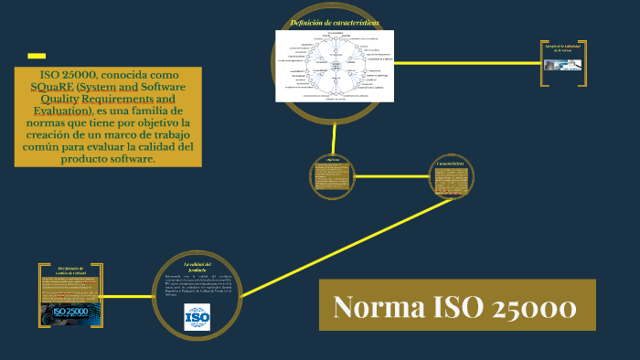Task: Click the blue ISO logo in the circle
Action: pos(197,316)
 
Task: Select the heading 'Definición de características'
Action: pos(334,22)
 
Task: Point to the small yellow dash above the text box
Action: pos(37,55)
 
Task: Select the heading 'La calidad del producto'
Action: pos(197,267)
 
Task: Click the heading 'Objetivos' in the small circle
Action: pos(332,158)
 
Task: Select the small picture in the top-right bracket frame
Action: pos(560,66)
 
